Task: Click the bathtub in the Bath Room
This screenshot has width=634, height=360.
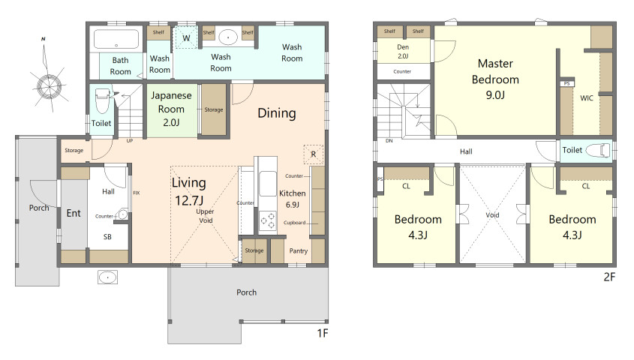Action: click(116, 39)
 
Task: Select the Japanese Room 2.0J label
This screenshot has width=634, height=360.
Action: click(171, 109)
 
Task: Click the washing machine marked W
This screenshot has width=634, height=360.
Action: click(186, 38)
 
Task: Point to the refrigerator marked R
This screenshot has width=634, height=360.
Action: click(314, 154)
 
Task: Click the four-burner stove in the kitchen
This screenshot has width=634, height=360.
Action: click(267, 220)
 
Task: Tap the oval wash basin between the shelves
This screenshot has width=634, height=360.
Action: click(228, 37)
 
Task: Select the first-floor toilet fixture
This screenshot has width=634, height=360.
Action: click(102, 100)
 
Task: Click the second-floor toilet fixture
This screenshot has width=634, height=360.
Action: click(597, 150)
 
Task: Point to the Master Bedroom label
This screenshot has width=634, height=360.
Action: click(495, 79)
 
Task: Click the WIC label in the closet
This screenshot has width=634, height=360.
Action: click(586, 97)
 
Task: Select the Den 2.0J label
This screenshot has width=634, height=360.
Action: click(403, 51)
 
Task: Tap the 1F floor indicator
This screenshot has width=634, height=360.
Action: click(323, 333)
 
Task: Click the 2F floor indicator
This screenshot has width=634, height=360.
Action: click(609, 277)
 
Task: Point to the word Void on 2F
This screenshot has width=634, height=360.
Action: click(492, 215)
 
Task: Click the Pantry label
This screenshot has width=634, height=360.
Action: click(299, 251)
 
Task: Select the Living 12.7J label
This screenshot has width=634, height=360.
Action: click(189, 191)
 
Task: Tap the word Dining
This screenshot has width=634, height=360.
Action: click(277, 113)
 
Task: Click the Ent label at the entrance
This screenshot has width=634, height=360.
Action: click(74, 213)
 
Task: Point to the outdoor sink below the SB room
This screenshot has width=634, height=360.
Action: click(107, 277)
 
